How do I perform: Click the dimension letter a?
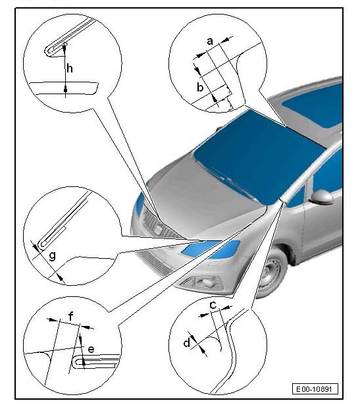210,41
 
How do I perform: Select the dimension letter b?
200,88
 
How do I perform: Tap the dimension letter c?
213,305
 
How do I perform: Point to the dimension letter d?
187,343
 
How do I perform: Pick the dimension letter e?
91,349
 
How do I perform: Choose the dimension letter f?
71,316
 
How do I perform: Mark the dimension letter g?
52,256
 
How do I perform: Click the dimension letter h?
70,68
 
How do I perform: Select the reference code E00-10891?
315,389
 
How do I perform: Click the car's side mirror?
321,197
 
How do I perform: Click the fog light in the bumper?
203,282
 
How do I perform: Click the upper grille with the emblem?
159,227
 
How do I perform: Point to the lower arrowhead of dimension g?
60,277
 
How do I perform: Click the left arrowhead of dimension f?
52,320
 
